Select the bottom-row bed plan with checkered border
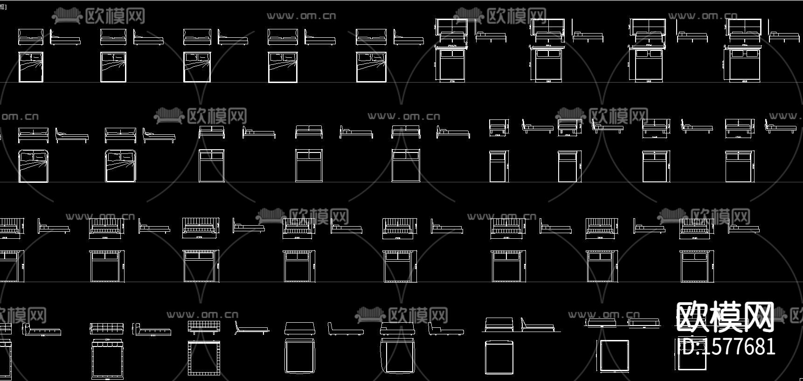(x=204, y=358)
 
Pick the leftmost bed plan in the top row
(x=31, y=67)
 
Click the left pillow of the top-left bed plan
(x=25, y=57)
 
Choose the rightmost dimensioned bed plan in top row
(x=745, y=66)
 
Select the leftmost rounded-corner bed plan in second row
(x=33, y=166)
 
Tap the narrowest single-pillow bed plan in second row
(x=498, y=166)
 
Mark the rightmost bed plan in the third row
(x=697, y=266)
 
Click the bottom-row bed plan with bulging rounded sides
(x=397, y=356)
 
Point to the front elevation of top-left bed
(x=31, y=37)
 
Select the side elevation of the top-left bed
(x=65, y=39)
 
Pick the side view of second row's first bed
(x=72, y=135)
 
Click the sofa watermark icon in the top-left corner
(x=67, y=17)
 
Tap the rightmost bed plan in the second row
(x=740, y=166)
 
